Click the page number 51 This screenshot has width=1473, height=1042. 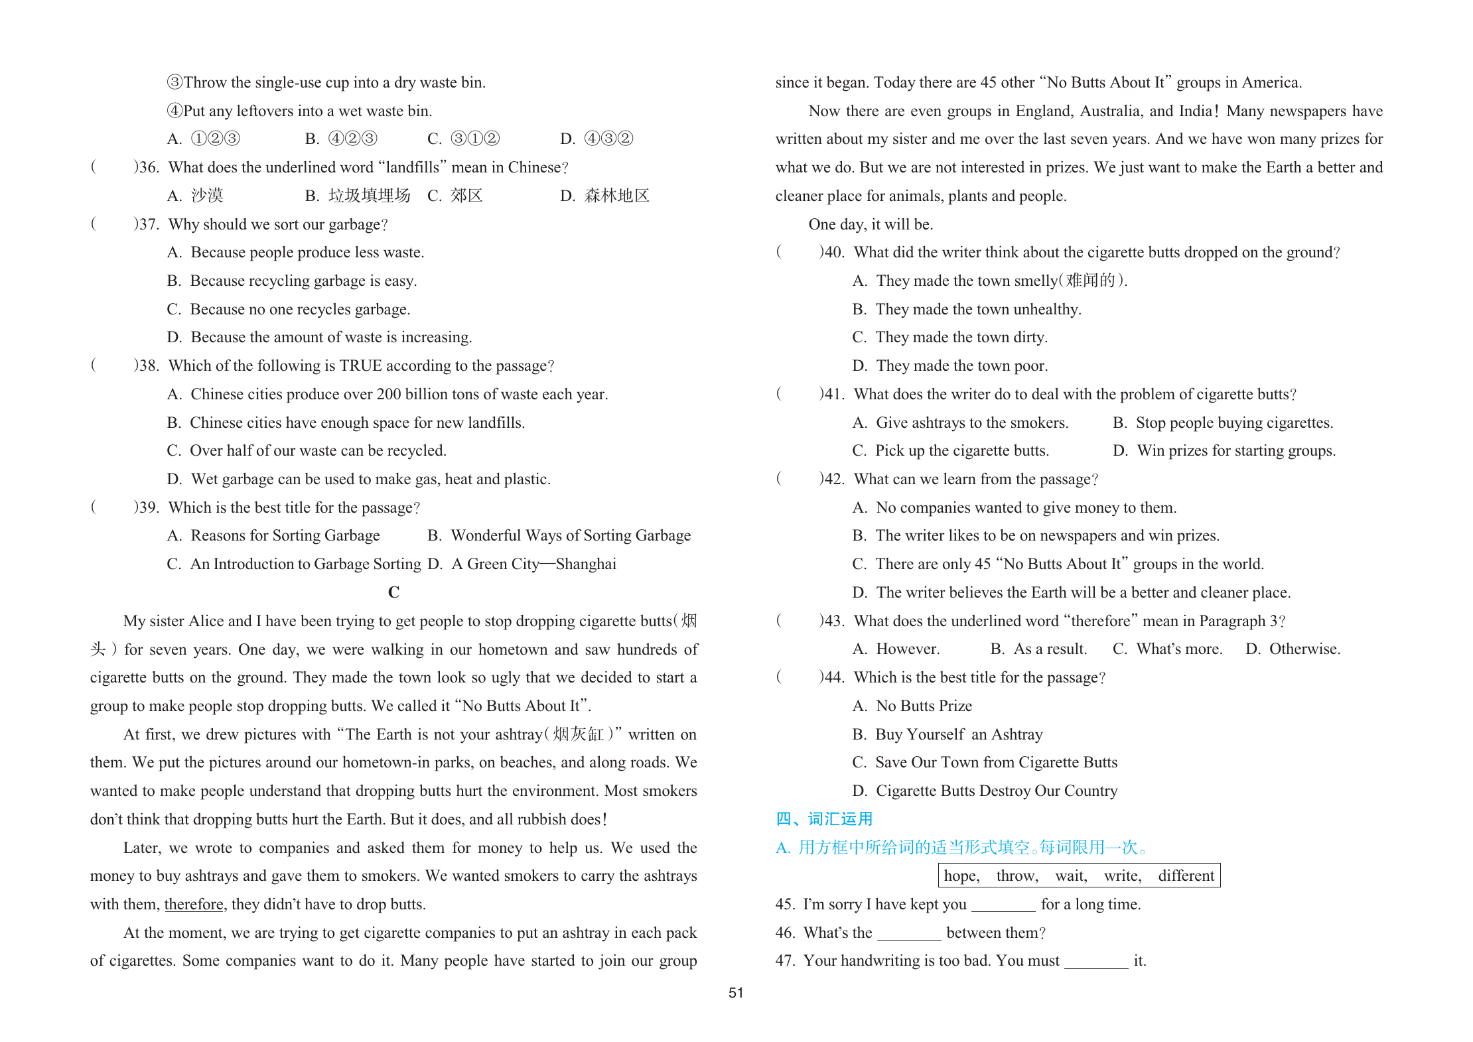coord(736,993)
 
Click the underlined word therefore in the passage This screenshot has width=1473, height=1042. coord(194,904)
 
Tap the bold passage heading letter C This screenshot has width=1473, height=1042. coord(393,592)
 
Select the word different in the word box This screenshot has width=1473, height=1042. coord(1186,876)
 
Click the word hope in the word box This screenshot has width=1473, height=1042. coord(961,876)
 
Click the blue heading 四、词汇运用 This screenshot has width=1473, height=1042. coord(824,819)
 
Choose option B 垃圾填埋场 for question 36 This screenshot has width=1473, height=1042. coord(369,196)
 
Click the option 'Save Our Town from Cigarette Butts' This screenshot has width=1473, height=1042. coord(996,762)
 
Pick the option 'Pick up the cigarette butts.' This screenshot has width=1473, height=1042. coord(961,451)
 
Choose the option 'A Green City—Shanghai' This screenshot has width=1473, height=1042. coord(533,564)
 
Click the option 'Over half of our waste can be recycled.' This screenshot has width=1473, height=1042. coord(318,451)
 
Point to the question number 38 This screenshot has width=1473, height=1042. coord(146,366)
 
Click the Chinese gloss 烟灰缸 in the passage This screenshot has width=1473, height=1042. coord(578,734)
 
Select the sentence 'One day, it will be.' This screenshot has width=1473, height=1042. coord(871,224)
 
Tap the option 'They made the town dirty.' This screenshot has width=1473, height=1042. coord(961,338)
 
